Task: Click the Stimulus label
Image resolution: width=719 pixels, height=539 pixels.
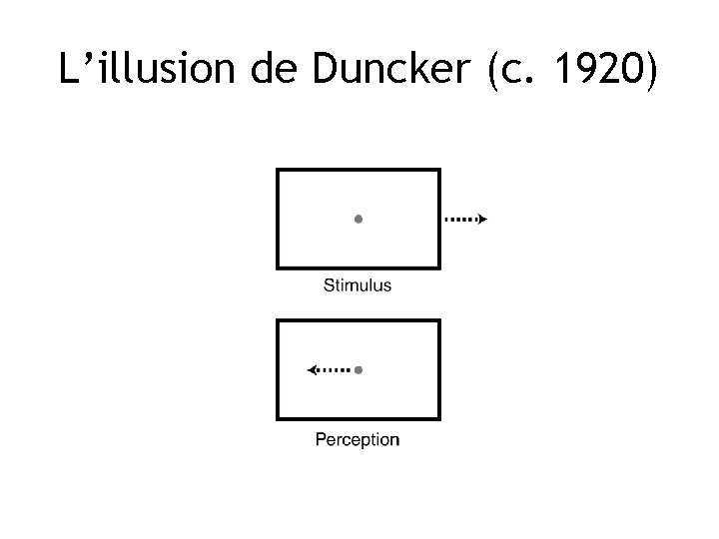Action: [358, 285]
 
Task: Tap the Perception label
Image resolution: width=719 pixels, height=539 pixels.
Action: [358, 439]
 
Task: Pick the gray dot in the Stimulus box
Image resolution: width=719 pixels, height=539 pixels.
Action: [359, 219]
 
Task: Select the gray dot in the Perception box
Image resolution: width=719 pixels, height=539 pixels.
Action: [359, 370]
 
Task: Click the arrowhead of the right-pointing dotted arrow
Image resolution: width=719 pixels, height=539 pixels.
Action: [483, 219]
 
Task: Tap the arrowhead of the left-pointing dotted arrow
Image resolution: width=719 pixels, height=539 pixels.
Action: [312, 370]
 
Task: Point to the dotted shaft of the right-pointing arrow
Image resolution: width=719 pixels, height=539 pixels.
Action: [459, 219]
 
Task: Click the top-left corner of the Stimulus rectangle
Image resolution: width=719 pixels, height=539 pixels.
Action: [278, 171]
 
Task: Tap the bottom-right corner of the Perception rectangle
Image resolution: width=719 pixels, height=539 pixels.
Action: [439, 418]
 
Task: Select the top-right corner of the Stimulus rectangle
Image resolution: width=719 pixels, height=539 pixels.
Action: [439, 171]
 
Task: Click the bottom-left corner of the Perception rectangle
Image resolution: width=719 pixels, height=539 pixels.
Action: [278, 418]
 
